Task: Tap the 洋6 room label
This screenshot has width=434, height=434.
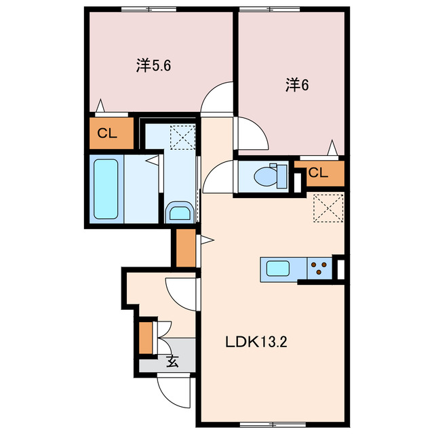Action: coord(297,85)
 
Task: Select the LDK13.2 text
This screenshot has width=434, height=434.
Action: coord(257,342)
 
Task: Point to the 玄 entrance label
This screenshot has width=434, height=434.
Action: coord(173,361)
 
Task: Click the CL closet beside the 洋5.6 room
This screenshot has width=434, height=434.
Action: coord(107,133)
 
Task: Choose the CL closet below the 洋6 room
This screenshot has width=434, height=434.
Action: coord(318,173)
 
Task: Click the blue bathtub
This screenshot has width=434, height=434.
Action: coord(106,189)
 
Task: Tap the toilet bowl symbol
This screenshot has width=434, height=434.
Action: coord(264,176)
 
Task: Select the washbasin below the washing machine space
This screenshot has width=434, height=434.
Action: coord(179,213)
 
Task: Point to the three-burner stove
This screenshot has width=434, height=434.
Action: coord(319,269)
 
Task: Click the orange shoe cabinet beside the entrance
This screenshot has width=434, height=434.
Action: coord(146,337)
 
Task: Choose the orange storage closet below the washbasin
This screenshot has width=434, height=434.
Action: coord(184,249)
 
